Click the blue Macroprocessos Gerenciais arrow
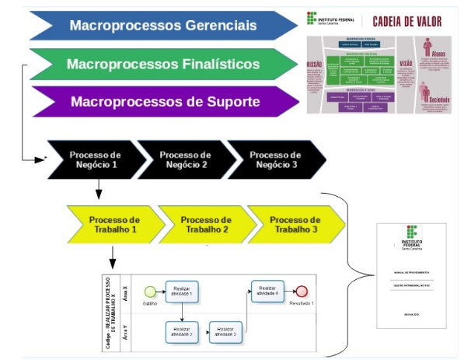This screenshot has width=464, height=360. click(163, 26)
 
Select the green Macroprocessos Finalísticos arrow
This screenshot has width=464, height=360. click(163, 64)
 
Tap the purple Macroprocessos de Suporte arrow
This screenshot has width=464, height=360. click(163, 102)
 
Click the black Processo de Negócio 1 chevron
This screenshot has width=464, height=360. click(93, 159)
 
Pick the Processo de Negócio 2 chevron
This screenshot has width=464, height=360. click(183, 159)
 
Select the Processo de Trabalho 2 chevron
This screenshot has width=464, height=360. click(205, 224)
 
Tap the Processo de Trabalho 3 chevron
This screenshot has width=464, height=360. click(294, 224)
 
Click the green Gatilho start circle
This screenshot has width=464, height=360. click(150, 291)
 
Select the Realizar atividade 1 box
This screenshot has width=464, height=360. click(182, 291)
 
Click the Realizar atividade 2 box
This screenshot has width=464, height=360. click(182, 331)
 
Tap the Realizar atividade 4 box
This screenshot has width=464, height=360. click(267, 291)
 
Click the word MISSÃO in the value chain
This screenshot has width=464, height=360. click(315, 65)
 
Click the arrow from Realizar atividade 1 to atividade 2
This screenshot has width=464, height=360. click(182, 311)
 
